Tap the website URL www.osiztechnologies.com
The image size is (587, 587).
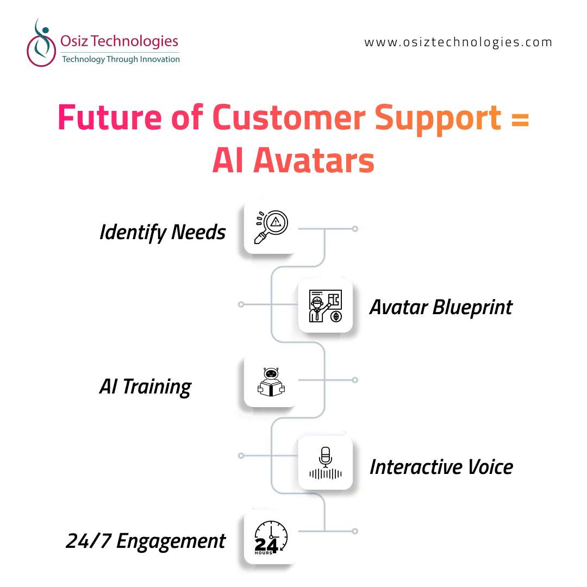pos(458,42)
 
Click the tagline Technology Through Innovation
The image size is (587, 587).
pos(121,59)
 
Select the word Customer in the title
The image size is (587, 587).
pos(289,117)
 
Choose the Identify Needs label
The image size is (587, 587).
pos(163,232)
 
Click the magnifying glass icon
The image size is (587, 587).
pos(271,227)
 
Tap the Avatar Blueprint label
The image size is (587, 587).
pos(441,308)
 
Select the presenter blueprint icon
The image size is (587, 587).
pos(326,306)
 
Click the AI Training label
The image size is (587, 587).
pos(145,387)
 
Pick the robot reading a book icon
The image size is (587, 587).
pos(271,382)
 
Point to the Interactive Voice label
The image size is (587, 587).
pos(441,467)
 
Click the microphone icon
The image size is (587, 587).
pos(326,463)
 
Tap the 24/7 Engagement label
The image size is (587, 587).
pos(145,541)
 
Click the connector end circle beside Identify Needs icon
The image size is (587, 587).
pos(355,229)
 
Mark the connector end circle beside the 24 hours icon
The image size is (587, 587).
pos(355,531)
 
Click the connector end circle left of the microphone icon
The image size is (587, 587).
pos(241,455)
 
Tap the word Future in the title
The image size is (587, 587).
pos(110,117)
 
